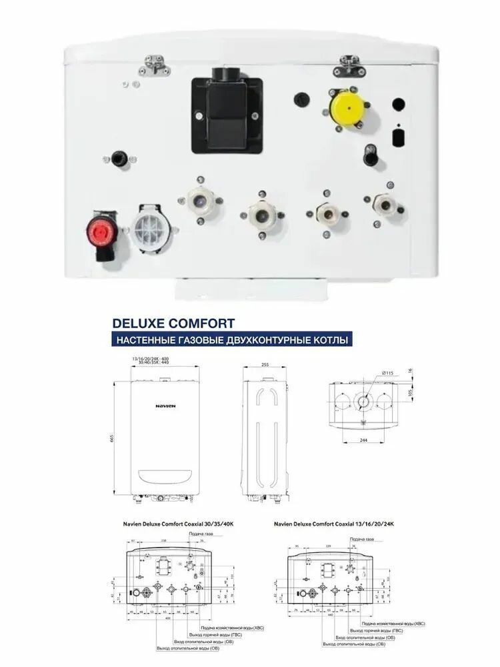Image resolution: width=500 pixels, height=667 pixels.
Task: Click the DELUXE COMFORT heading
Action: (173, 323)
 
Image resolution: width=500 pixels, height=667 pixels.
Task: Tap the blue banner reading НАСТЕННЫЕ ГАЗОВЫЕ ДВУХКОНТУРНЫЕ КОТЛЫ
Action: (231, 341)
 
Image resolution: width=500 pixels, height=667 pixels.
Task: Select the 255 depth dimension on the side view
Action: (265, 366)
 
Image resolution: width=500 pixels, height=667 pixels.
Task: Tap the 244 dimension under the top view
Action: (364, 440)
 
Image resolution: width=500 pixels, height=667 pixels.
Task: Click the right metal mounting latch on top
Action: (350, 64)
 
